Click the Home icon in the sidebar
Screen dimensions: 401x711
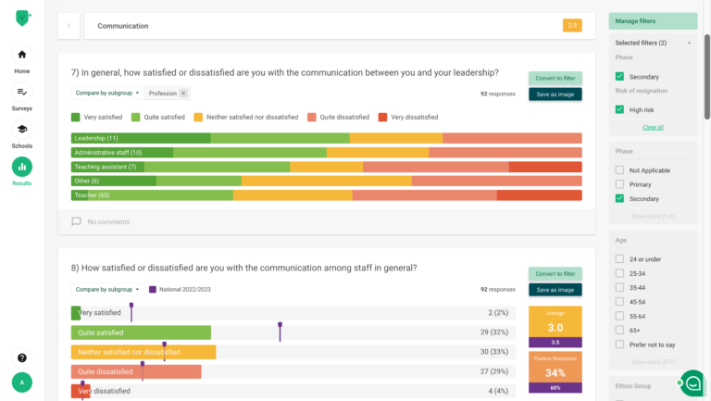pos(21,55)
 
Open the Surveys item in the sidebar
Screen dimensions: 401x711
pos(21,92)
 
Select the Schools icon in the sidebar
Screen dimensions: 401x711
pos(21,130)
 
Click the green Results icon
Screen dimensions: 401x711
pos(21,167)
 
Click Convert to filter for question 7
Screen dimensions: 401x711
pos(555,79)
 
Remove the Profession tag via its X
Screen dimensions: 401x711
pos(183,94)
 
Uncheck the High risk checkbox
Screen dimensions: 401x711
pos(620,109)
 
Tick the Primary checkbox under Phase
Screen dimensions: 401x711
pos(620,184)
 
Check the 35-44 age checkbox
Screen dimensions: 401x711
pos(620,287)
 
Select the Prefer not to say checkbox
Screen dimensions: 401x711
pos(620,345)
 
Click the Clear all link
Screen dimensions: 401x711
pos(653,127)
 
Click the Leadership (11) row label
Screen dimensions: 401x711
pos(96,138)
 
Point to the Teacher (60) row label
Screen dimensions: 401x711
pos(92,195)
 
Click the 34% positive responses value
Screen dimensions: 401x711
pos(555,373)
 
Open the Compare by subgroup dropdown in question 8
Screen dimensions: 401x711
pos(106,290)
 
